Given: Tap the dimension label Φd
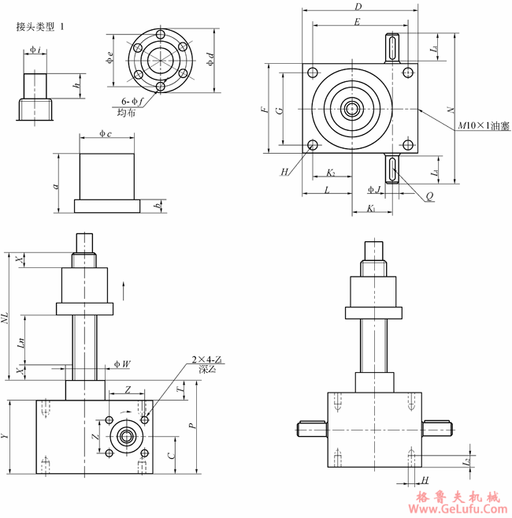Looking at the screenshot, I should click(x=210, y=59).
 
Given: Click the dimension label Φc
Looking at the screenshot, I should click(x=106, y=134).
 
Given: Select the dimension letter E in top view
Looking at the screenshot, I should click(x=357, y=23).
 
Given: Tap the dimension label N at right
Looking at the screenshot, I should click(x=450, y=109).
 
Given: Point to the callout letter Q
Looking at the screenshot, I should click(x=429, y=194).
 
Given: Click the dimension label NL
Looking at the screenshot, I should click(x=6, y=319).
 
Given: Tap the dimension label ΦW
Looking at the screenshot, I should click(x=121, y=364).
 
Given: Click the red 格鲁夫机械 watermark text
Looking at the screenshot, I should click(x=457, y=497).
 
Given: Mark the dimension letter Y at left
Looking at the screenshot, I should click(x=7, y=435).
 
